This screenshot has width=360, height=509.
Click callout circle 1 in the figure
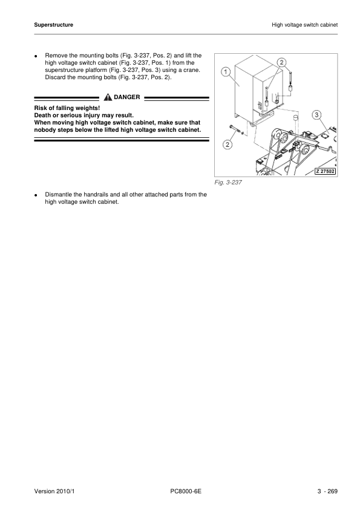point(224,71)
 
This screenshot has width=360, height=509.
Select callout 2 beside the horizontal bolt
point(227,144)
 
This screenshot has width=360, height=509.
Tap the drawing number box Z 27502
point(324,171)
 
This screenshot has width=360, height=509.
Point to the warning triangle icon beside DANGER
point(107,97)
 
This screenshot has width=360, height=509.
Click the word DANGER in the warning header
point(126,97)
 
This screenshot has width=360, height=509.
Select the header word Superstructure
point(53,25)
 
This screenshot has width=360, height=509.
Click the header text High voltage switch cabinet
point(304,25)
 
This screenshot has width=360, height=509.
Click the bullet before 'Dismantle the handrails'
point(36,195)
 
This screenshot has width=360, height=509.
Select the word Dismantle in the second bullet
point(58,195)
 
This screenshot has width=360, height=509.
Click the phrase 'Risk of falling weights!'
point(67,108)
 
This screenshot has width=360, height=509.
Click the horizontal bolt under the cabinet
point(235,128)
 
